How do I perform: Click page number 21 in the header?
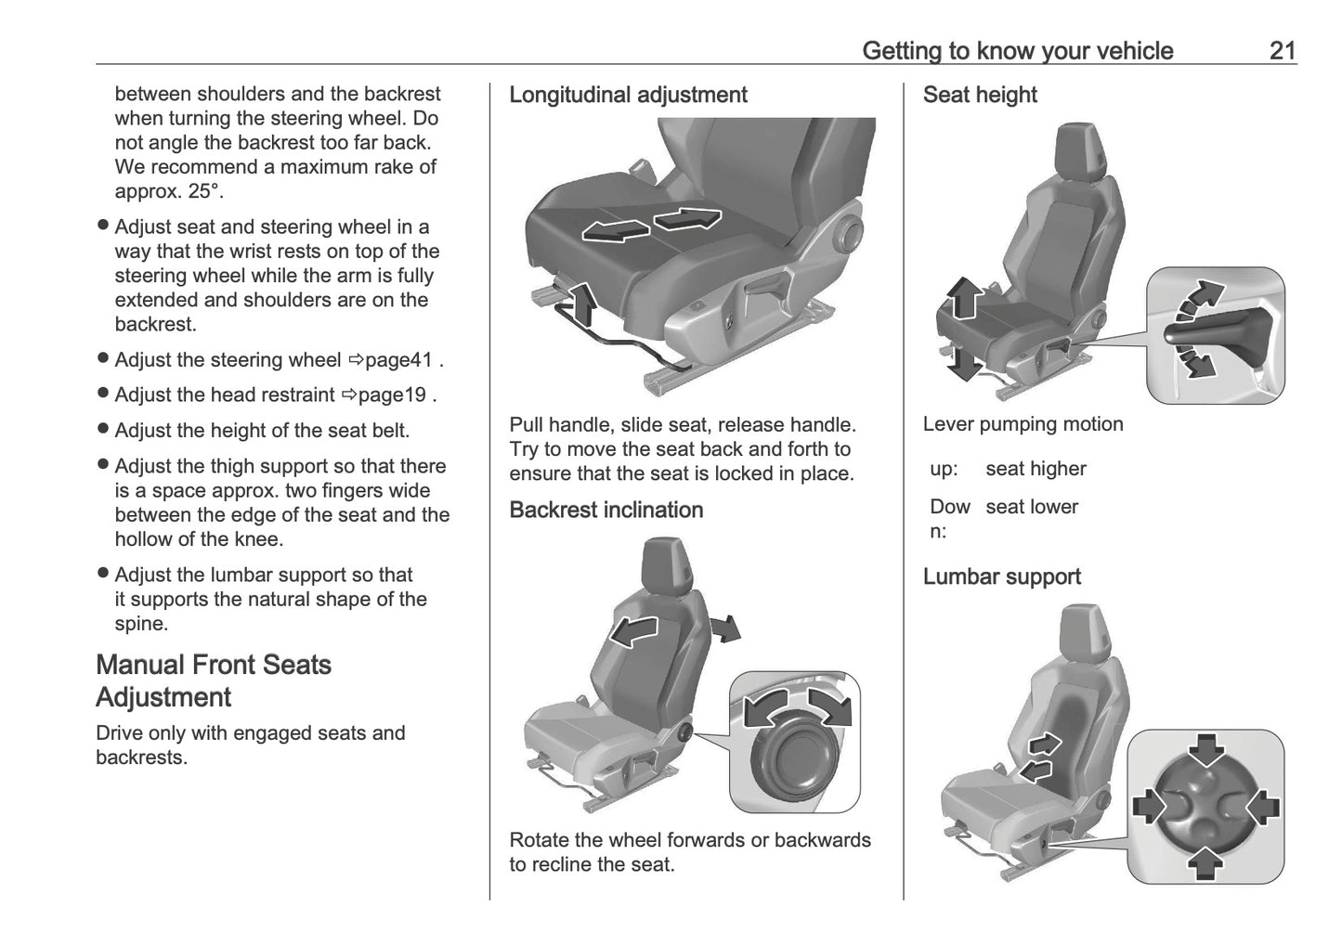(x=1282, y=50)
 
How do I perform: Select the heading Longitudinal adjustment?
(x=628, y=95)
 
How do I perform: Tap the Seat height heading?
(x=979, y=95)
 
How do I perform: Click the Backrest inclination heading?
(x=606, y=510)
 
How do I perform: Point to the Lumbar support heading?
(x=1001, y=576)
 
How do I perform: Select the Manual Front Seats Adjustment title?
(x=214, y=680)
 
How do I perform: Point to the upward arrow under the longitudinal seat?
(x=582, y=303)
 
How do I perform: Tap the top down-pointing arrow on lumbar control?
(x=1206, y=749)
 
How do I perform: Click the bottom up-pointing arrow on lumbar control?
(x=1205, y=860)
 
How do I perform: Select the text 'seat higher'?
(x=1036, y=469)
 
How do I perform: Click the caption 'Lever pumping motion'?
(x=1023, y=424)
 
